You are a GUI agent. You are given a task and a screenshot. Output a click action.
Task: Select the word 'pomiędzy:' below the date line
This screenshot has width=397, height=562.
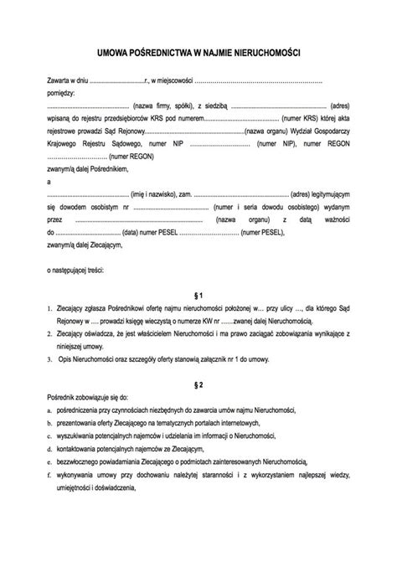[x=60, y=95]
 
